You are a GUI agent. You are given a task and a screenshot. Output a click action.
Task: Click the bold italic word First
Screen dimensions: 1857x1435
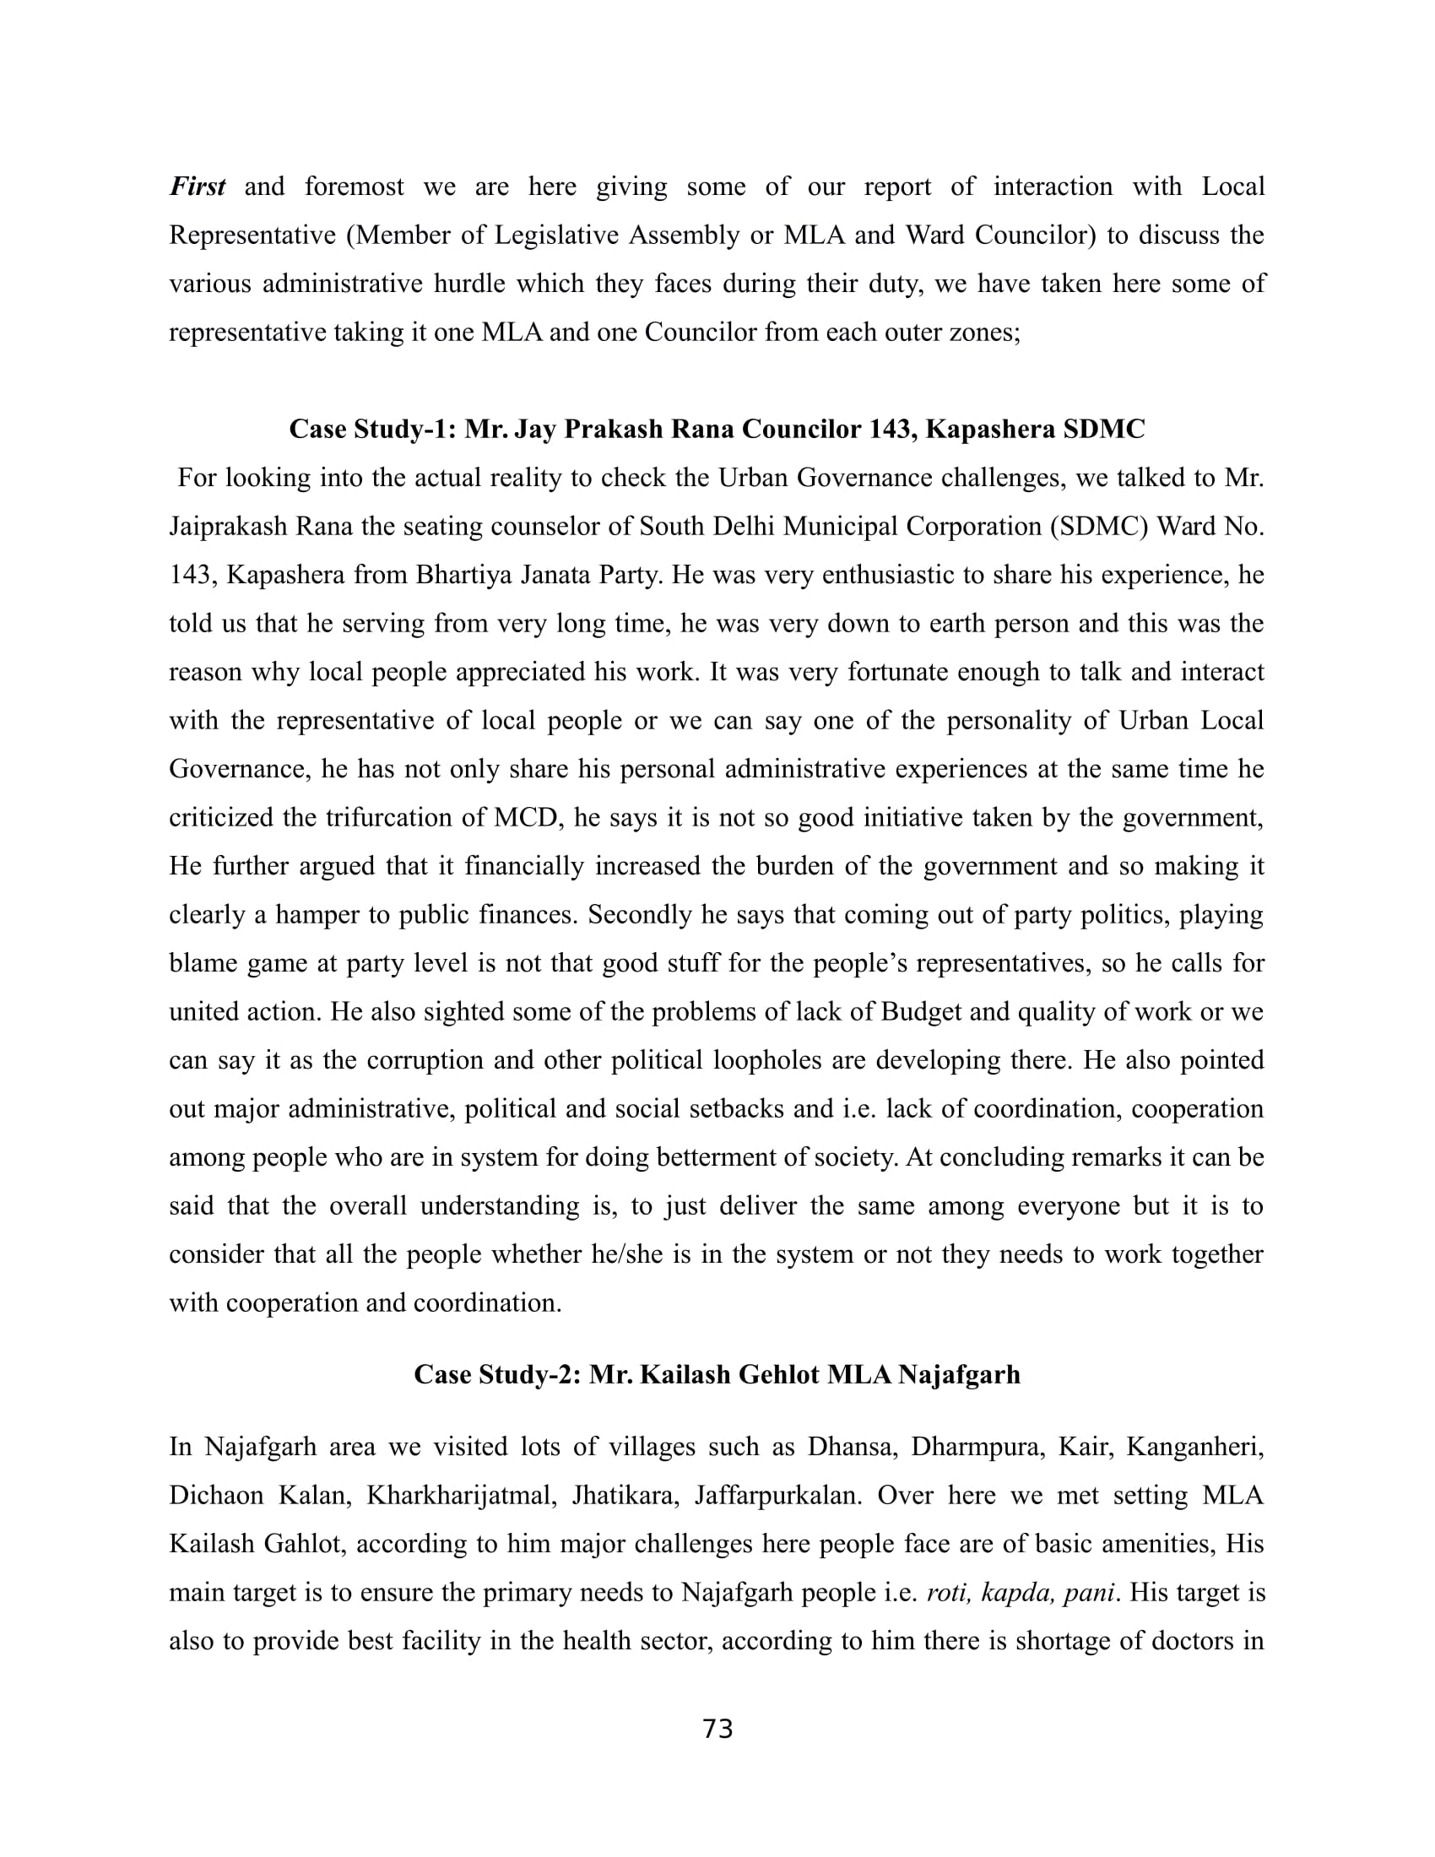(198, 187)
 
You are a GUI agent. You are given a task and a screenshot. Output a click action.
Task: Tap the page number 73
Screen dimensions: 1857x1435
(718, 1730)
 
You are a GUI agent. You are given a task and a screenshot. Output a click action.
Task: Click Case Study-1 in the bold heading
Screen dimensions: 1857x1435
(373, 430)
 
